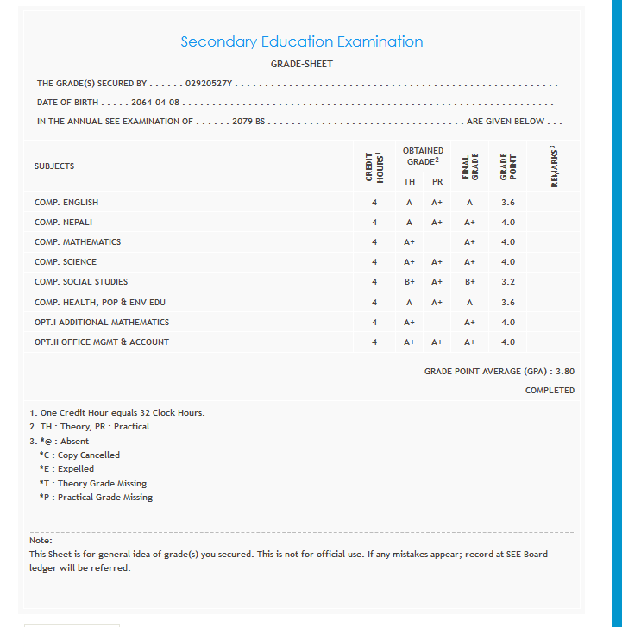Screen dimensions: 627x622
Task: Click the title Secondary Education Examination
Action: pyautogui.click(x=301, y=41)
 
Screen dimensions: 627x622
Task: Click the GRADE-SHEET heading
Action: pyautogui.click(x=301, y=64)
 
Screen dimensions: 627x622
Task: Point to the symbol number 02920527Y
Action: pyautogui.click(x=210, y=84)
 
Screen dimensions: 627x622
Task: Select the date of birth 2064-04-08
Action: pyautogui.click(x=155, y=103)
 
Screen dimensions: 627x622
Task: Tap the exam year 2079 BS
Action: pyautogui.click(x=248, y=122)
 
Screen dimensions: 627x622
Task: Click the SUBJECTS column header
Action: pyautogui.click(x=54, y=166)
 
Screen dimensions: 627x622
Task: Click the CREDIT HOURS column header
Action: pyautogui.click(x=374, y=166)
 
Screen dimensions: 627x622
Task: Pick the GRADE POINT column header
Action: pyautogui.click(x=508, y=166)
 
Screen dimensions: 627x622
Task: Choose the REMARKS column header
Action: pyautogui.click(x=554, y=166)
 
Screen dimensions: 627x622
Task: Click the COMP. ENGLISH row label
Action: pyautogui.click(x=66, y=202)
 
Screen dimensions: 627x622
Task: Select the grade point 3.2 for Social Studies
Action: pyautogui.click(x=508, y=282)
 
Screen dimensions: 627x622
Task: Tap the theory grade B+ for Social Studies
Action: pyautogui.click(x=410, y=282)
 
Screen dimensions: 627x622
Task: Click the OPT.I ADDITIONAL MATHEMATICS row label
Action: pyautogui.click(x=102, y=322)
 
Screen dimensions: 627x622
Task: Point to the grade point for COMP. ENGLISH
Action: pyautogui.click(x=508, y=202)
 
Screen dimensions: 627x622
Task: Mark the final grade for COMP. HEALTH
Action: pyautogui.click(x=469, y=302)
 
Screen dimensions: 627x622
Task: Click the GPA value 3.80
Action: pyautogui.click(x=565, y=372)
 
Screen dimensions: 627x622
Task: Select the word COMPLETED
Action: pyautogui.click(x=550, y=391)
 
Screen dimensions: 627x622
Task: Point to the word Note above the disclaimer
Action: pyautogui.click(x=41, y=540)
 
